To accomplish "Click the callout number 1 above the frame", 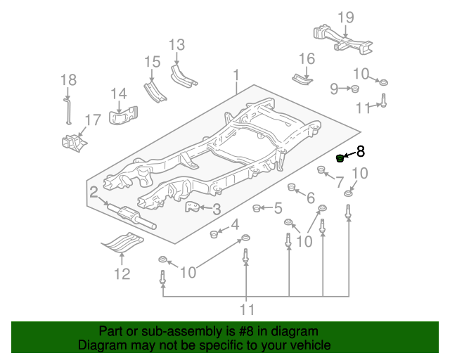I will click(237, 75).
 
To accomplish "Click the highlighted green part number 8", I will click(340, 157).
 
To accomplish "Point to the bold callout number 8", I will click(361, 151).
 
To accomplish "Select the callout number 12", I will click(122, 274).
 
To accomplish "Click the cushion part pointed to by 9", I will click(356, 88).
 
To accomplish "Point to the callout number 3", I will click(217, 209).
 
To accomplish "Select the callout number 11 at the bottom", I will click(246, 309).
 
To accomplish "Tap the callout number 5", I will click(278, 208).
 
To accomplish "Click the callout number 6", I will click(311, 199).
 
